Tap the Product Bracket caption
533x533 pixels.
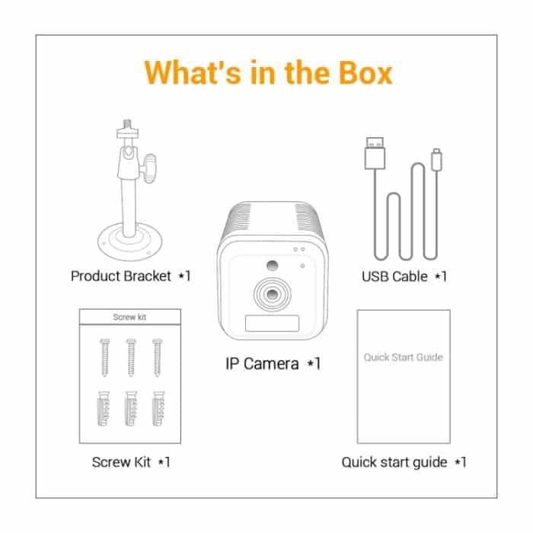(x=122, y=276)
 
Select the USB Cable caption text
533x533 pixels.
(x=394, y=276)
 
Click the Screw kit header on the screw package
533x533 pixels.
(x=130, y=317)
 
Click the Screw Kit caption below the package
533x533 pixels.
(x=122, y=461)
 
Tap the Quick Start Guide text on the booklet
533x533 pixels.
(x=403, y=356)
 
